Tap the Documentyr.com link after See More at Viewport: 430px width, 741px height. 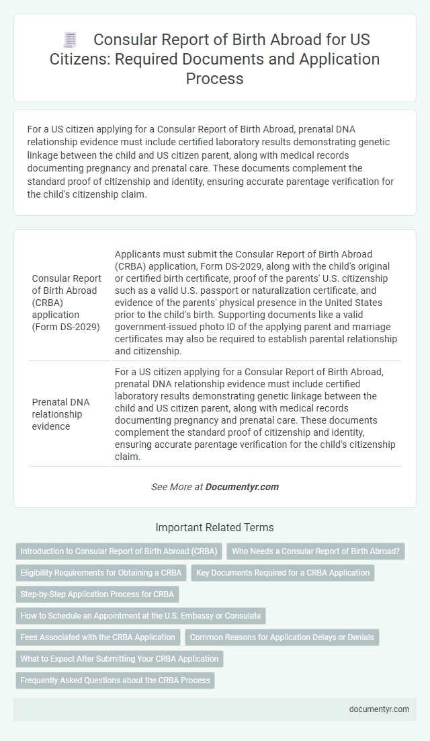(242, 487)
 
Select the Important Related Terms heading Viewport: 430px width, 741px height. (215, 527)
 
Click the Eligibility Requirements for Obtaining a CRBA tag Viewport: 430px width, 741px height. (101, 573)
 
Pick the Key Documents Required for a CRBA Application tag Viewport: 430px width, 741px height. (283, 573)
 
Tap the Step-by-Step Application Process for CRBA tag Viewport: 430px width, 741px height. (97, 594)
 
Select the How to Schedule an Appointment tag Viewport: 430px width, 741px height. (140, 616)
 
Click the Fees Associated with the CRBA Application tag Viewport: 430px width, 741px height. (98, 637)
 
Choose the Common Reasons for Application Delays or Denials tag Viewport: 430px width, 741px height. (282, 637)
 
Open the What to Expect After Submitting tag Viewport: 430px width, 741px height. (119, 659)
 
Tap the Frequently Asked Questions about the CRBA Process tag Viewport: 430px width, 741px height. (115, 680)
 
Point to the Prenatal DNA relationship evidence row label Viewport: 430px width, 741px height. (62, 414)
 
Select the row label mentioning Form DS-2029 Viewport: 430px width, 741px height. (67, 303)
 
